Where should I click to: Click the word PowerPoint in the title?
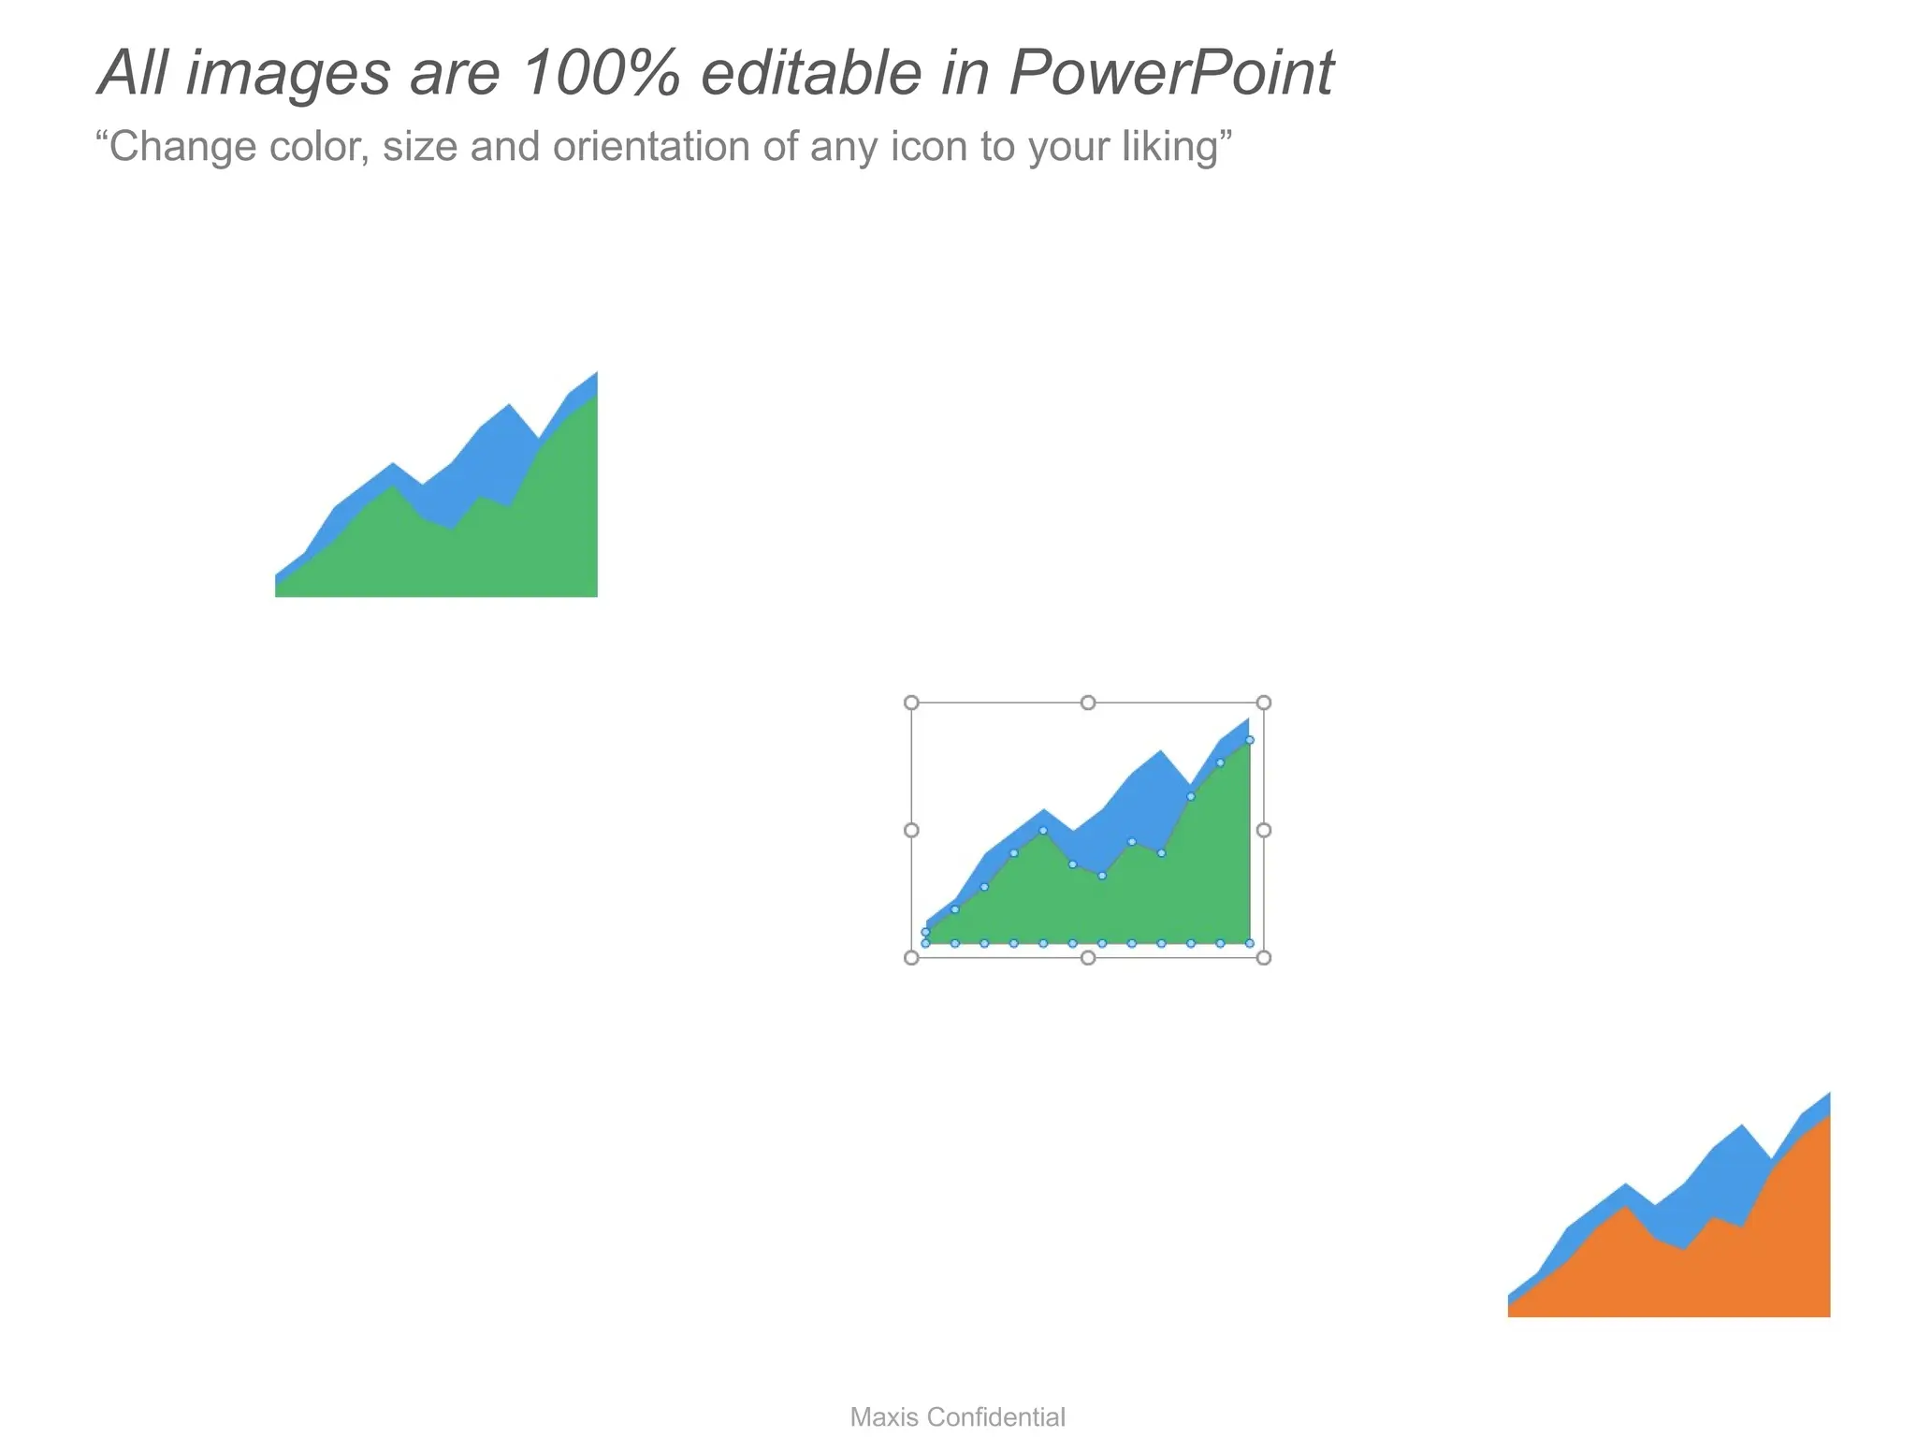(1171, 73)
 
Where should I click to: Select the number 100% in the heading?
(600, 73)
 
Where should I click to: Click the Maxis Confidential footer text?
(957, 1417)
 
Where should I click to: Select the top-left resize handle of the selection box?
(911, 703)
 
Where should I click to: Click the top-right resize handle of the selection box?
(1264, 703)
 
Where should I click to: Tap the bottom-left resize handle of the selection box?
(911, 957)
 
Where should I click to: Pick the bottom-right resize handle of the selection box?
(1264, 957)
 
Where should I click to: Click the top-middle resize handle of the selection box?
(1088, 703)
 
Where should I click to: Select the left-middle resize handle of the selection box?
(911, 830)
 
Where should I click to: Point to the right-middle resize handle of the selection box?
(1264, 830)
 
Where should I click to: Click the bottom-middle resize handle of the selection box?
(1088, 957)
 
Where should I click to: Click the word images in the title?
(288, 73)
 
